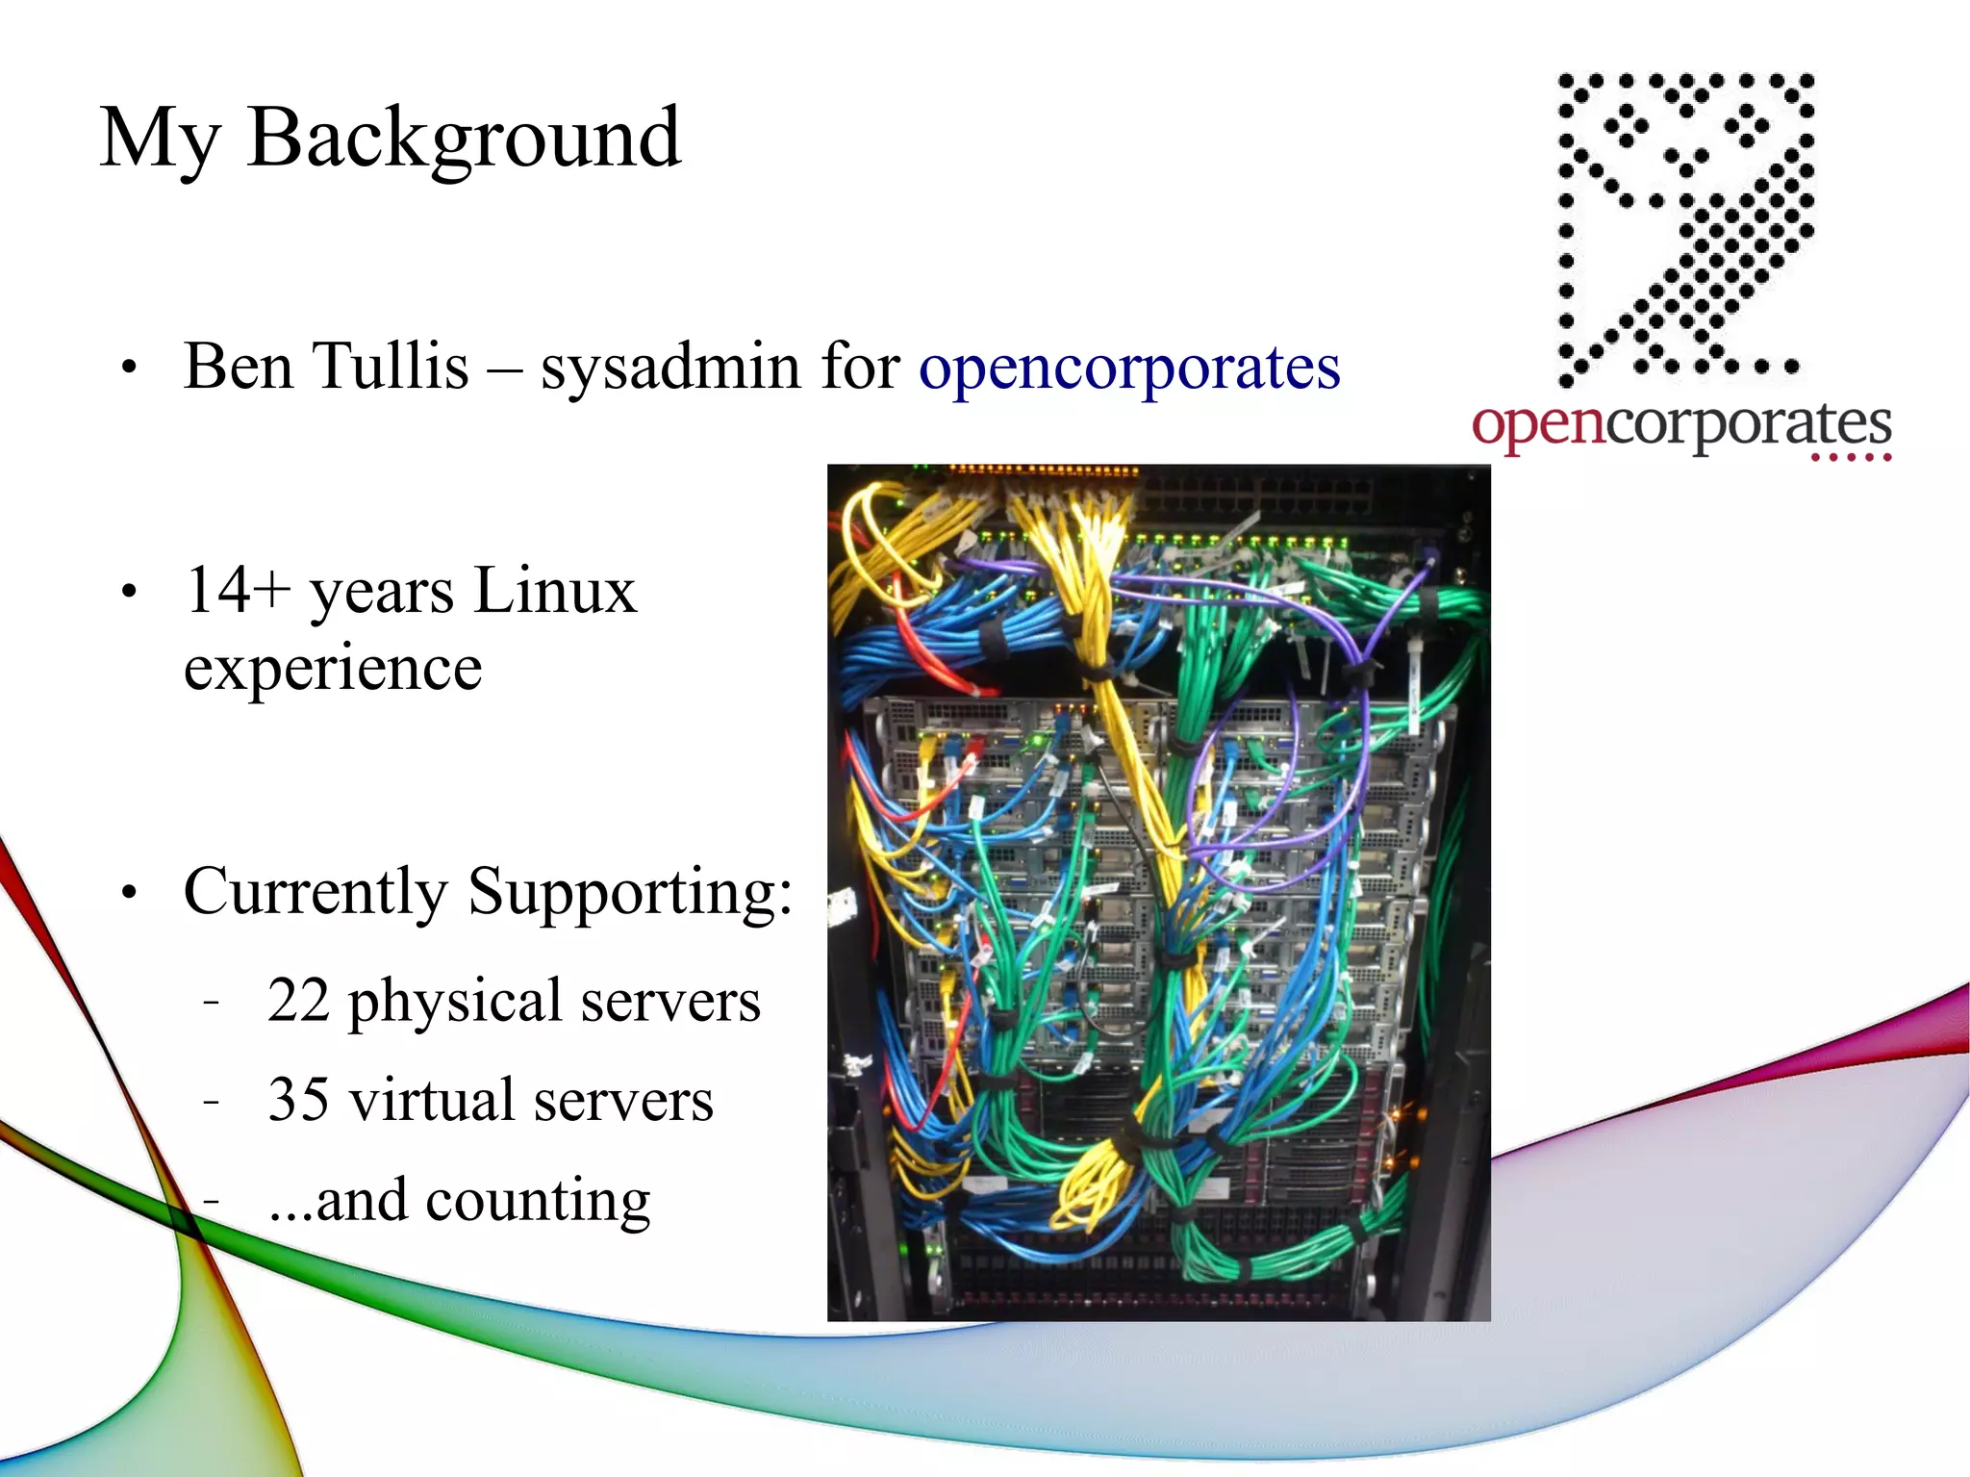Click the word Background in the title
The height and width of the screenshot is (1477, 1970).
click(x=464, y=140)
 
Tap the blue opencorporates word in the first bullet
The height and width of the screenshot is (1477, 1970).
click(x=1128, y=369)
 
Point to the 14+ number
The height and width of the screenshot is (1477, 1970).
click(x=237, y=590)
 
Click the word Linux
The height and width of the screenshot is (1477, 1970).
click(x=554, y=590)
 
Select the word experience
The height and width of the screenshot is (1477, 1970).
click(x=333, y=668)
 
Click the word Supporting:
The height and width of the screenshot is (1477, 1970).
click(x=630, y=892)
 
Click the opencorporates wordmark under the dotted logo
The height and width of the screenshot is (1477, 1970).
click(x=1680, y=423)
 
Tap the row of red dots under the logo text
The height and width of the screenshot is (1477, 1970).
click(x=1851, y=458)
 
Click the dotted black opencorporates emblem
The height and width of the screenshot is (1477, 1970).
click(x=1684, y=226)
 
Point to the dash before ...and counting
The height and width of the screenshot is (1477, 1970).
click(x=212, y=1200)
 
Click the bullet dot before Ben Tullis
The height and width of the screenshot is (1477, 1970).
click(x=130, y=369)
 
